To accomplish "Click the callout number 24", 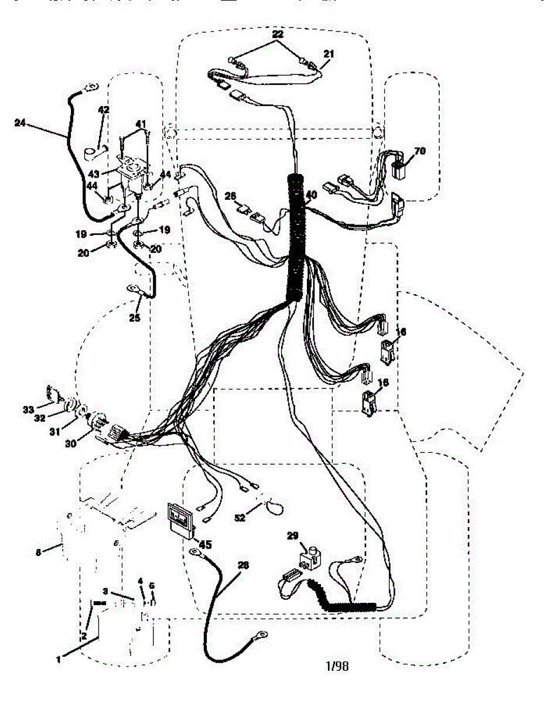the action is tap(20, 122).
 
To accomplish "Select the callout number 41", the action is tap(141, 124).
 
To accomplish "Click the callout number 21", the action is tap(329, 53).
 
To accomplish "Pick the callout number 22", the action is tap(277, 35).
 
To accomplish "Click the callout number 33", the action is tap(29, 409).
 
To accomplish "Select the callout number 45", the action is tap(205, 545).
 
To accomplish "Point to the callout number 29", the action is tap(293, 535).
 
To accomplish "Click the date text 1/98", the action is tap(337, 666).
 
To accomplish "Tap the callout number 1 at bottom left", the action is tap(59, 660).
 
